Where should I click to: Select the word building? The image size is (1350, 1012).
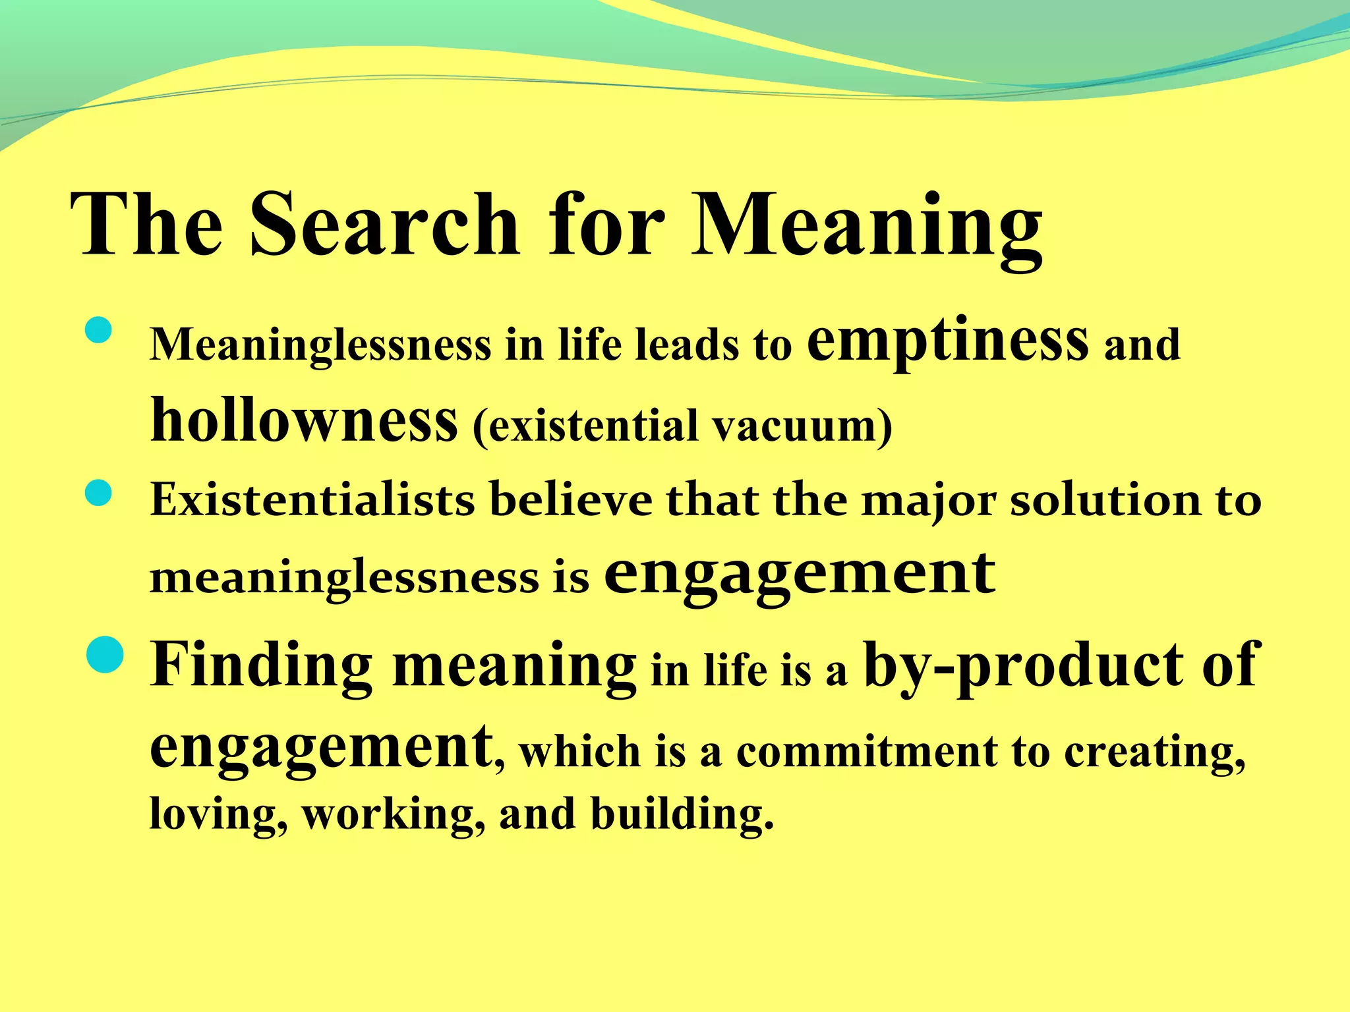[x=681, y=814]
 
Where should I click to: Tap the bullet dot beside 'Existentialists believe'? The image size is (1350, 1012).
[x=99, y=493]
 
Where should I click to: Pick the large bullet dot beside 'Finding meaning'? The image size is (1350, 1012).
[x=105, y=656]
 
